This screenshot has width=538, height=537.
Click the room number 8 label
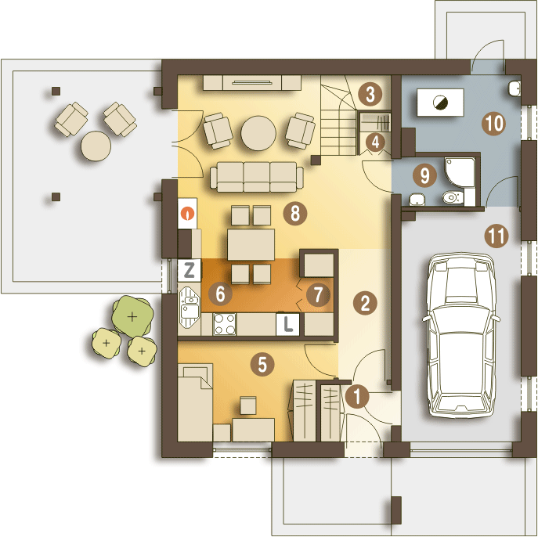click(295, 213)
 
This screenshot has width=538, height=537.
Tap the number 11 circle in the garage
click(496, 236)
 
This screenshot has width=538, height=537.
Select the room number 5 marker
click(262, 364)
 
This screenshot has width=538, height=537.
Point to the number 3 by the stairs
click(370, 94)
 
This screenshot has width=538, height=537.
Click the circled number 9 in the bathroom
click(424, 175)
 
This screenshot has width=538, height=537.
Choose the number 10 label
click(493, 123)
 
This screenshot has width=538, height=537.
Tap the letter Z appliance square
click(189, 270)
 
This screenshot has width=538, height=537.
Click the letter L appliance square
click(287, 324)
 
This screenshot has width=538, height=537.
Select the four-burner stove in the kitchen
click(225, 324)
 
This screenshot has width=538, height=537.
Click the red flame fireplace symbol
click(188, 213)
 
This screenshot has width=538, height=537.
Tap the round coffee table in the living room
click(258, 133)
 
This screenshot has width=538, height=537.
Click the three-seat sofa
click(257, 177)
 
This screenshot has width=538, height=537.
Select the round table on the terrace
click(96, 146)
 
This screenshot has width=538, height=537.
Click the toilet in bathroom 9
click(453, 198)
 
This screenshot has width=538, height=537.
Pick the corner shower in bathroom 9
click(460, 172)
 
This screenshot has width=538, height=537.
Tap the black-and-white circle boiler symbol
click(440, 103)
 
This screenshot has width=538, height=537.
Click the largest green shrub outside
click(132, 316)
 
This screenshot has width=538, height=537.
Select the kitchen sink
click(190, 308)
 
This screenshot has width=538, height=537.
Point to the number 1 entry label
click(357, 397)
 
